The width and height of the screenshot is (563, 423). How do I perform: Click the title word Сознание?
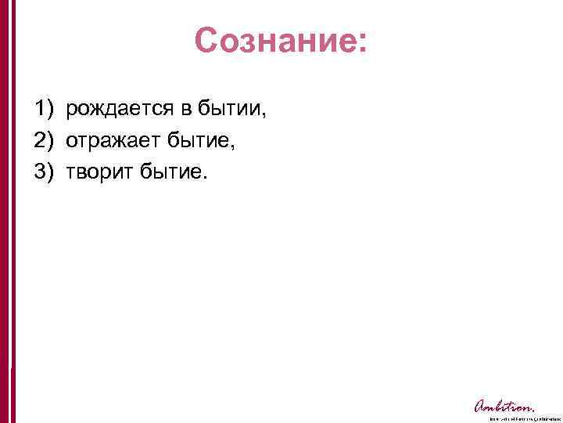(x=275, y=41)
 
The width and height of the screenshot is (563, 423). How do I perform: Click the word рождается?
(x=114, y=109)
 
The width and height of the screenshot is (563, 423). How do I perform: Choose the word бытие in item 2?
(x=195, y=140)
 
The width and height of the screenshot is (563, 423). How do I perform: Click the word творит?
(x=99, y=172)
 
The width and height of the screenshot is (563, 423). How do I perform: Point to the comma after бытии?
(x=264, y=115)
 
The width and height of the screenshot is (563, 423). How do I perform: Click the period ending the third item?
(x=207, y=177)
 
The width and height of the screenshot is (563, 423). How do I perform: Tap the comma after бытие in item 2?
(x=234, y=146)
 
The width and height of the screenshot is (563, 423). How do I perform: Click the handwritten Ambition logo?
(x=504, y=406)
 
